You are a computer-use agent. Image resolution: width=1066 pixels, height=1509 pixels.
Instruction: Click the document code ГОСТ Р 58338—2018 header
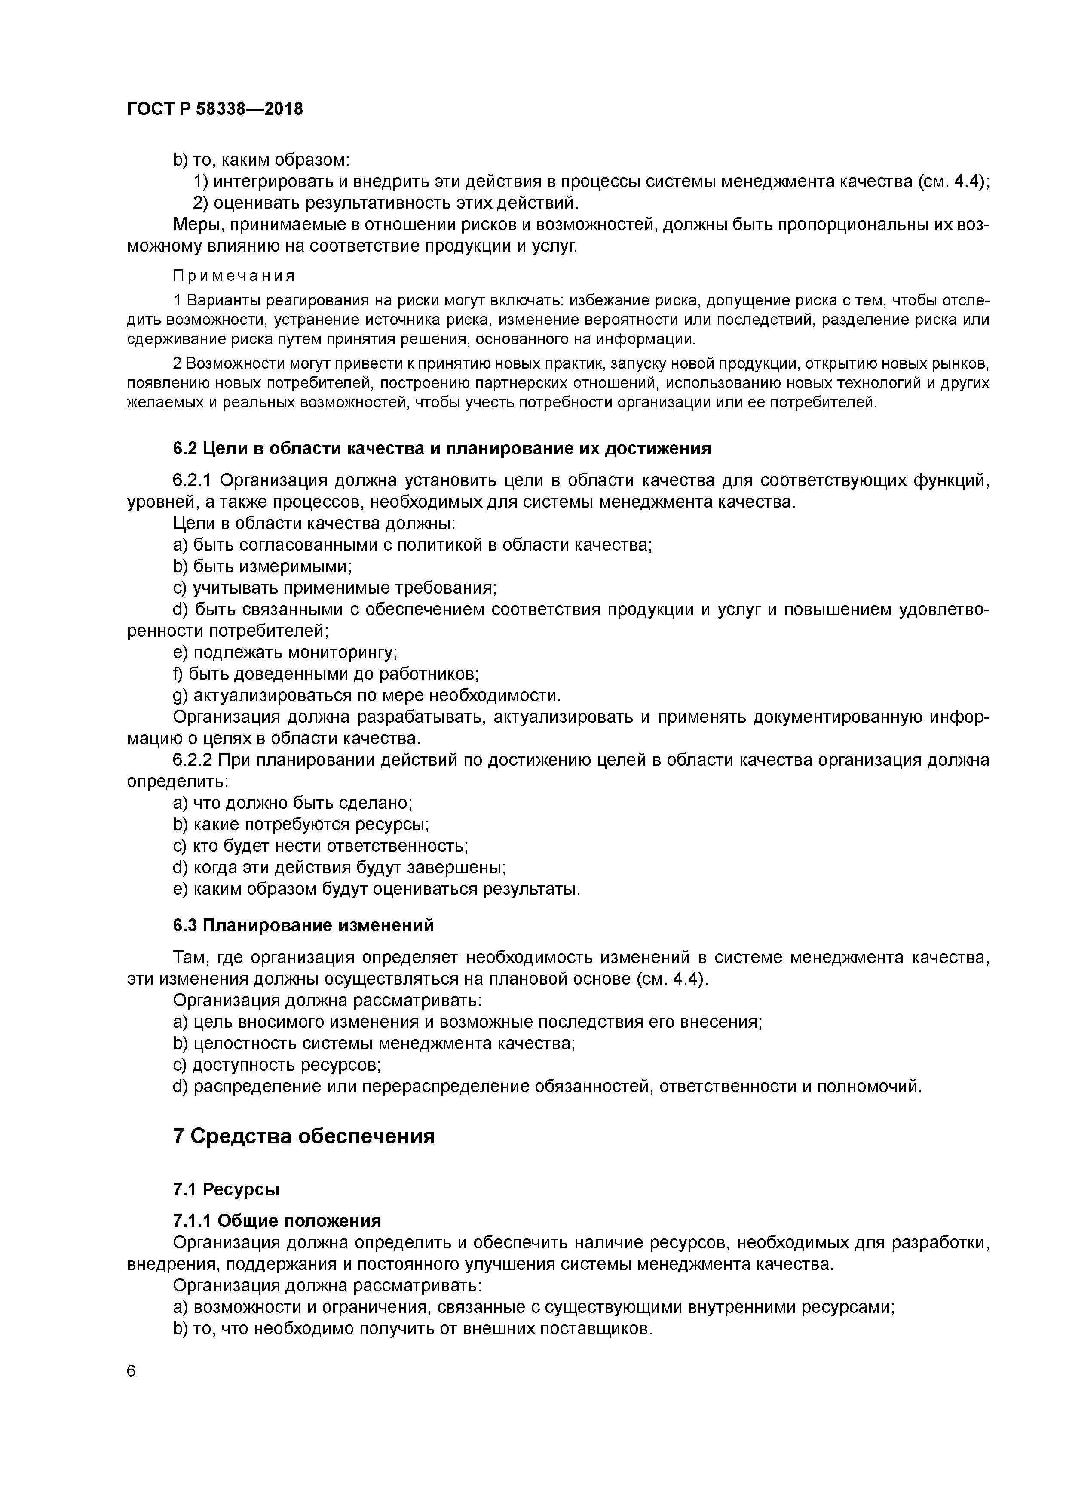[215, 109]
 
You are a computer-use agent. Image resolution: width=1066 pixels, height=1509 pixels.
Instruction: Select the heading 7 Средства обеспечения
[303, 1136]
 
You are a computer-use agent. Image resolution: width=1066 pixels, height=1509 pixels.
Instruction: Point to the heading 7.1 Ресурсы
[226, 1189]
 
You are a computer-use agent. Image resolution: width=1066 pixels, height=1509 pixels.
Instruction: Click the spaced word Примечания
[234, 275]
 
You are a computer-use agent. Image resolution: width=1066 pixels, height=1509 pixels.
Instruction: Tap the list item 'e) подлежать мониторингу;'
[285, 652]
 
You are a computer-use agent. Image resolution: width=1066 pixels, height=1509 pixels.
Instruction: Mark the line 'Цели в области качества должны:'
[314, 523]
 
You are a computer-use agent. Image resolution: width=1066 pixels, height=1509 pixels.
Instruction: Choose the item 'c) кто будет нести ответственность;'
[320, 846]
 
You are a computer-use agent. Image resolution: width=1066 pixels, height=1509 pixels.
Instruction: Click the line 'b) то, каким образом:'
[261, 160]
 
